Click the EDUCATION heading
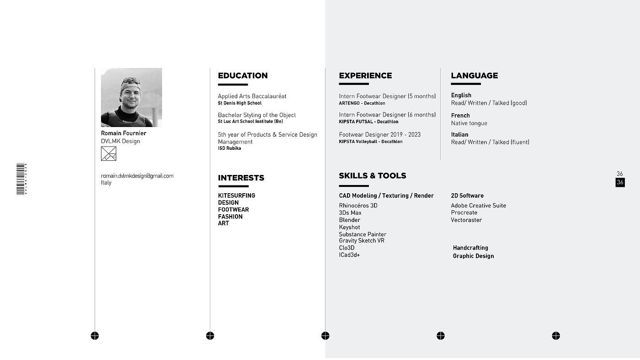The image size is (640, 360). (243, 76)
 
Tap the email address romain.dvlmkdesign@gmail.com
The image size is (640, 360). (137, 176)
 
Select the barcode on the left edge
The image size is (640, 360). (21, 179)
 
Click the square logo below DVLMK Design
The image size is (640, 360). (108, 154)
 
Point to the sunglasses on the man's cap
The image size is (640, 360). (131, 80)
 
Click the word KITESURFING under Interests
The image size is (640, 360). (236, 196)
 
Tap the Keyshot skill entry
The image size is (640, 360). (349, 227)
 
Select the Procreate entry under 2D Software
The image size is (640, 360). (464, 212)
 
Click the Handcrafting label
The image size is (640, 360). (470, 248)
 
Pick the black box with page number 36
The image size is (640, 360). (620, 182)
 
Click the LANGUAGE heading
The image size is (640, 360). (474, 76)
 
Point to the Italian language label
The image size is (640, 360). (459, 134)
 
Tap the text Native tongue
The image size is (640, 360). (469, 123)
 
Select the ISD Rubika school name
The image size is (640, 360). (229, 148)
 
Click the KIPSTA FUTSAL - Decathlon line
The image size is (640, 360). (368, 122)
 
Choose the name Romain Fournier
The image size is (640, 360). (123, 133)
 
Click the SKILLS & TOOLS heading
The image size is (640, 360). (372, 176)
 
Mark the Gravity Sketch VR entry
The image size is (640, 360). (362, 241)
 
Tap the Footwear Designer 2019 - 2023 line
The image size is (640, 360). (379, 135)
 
